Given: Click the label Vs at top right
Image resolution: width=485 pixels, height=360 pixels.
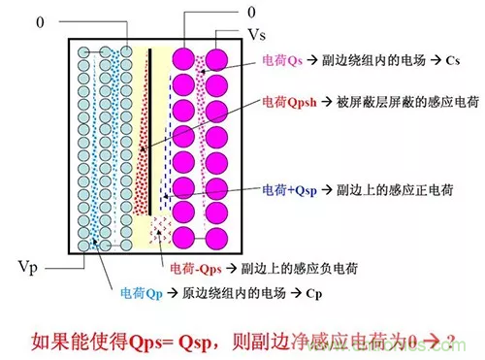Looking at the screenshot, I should (x=257, y=34).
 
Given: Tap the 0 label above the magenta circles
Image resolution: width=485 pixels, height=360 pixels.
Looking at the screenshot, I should (x=249, y=13).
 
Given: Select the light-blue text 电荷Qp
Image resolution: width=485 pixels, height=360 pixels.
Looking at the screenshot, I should (x=142, y=292).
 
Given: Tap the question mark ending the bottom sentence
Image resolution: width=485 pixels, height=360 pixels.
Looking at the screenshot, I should (x=450, y=340).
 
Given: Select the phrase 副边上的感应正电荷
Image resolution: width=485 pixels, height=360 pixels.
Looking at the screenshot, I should (x=389, y=186).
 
